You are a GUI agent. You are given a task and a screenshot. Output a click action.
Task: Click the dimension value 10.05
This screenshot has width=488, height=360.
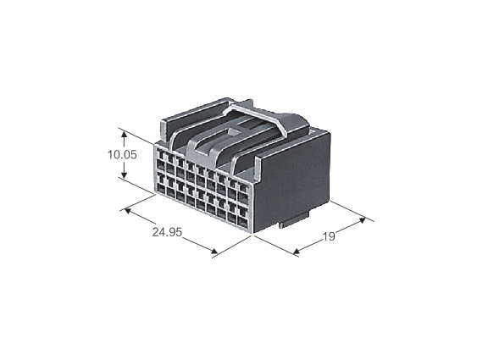(122, 155)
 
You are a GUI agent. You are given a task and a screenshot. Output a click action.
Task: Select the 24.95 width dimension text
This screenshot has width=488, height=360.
(167, 232)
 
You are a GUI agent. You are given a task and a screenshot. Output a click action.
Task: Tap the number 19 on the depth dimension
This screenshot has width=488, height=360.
(329, 237)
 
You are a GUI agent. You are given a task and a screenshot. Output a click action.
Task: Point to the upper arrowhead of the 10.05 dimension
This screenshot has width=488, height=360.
(124, 135)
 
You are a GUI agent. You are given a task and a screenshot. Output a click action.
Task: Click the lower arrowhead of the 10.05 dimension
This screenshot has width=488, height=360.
(124, 175)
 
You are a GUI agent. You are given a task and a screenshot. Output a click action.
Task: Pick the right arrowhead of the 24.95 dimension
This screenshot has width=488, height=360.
(213, 251)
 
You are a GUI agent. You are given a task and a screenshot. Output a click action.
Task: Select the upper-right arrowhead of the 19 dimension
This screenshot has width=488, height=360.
(362, 220)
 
